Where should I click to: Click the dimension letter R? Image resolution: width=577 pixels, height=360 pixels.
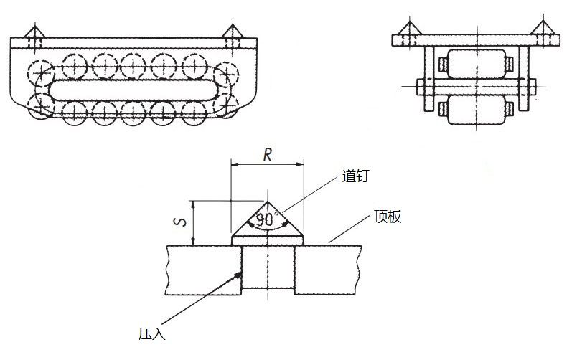[x=267, y=153]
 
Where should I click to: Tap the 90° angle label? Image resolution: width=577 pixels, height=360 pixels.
[x=266, y=219]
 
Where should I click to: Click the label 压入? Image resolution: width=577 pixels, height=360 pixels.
[x=153, y=333]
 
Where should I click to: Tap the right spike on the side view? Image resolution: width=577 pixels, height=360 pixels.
[x=232, y=33]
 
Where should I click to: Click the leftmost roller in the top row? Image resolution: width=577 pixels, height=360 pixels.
[x=74, y=66]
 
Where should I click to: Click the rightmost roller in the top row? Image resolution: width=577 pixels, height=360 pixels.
[x=194, y=66]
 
